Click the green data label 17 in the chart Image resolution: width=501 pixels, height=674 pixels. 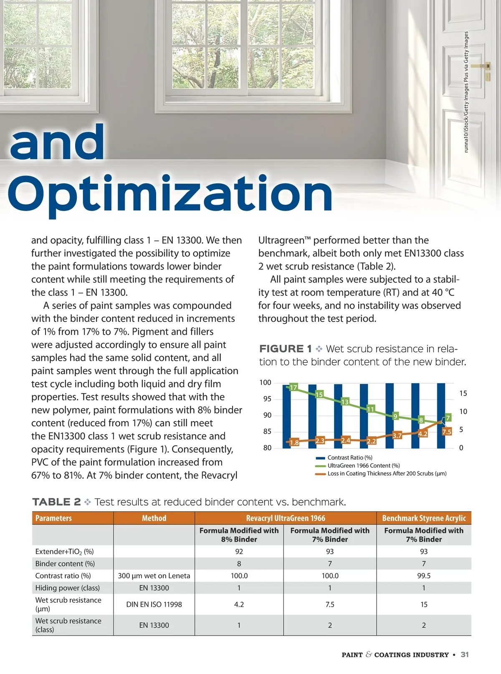tap(294, 387)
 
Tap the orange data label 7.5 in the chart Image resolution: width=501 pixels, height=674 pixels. tap(447, 432)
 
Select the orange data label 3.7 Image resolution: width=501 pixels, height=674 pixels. tap(397, 435)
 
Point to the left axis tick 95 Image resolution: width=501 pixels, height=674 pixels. tap(267, 399)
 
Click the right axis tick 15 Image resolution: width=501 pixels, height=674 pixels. tap(463, 393)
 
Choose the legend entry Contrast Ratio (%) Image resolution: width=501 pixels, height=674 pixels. tap(349, 458)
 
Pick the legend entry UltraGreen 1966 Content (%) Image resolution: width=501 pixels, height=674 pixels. tap(363, 465)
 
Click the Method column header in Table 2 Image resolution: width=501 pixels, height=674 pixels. tap(154, 518)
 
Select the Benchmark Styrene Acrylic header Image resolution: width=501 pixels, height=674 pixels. tap(424, 518)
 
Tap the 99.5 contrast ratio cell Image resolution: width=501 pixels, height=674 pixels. tap(424, 576)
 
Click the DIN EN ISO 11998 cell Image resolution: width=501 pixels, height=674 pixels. tap(154, 604)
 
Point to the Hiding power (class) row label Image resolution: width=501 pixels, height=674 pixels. tap(68, 588)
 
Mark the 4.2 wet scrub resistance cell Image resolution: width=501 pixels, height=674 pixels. tap(239, 604)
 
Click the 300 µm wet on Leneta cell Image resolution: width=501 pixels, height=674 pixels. tap(154, 576)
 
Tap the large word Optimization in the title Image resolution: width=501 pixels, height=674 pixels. tap(170, 194)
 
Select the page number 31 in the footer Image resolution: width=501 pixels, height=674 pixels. tap(465, 654)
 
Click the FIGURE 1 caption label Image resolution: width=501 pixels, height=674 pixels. tap(286, 349)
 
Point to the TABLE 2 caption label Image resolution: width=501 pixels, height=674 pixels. tap(56, 502)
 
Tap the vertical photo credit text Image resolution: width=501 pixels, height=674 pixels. tap(466, 92)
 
